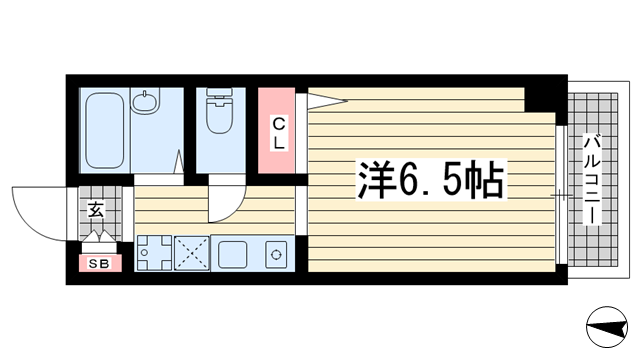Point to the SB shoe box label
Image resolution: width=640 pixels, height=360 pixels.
(100, 263)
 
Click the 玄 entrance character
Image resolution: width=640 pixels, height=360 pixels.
(96, 210)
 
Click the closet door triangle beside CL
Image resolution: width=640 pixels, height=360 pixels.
(324, 98)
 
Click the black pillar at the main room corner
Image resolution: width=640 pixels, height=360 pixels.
(541, 98)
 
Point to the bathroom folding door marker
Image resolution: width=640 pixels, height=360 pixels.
(178, 162)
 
